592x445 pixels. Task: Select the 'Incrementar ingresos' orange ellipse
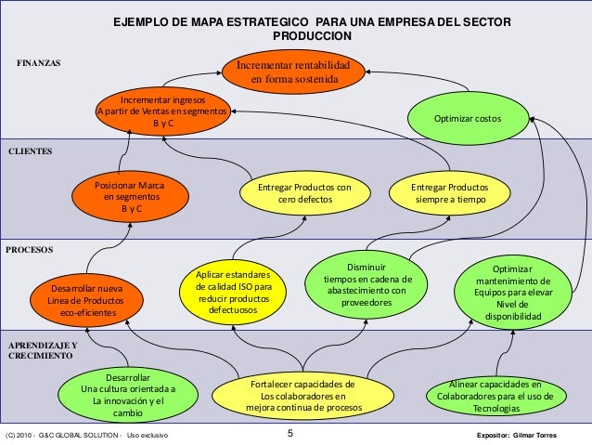tap(163, 111)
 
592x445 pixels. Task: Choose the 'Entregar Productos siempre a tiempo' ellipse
tap(450, 193)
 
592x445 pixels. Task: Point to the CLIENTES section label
tap(32, 150)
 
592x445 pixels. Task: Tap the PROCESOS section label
tap(31, 250)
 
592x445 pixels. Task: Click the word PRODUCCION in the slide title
tap(312, 35)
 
